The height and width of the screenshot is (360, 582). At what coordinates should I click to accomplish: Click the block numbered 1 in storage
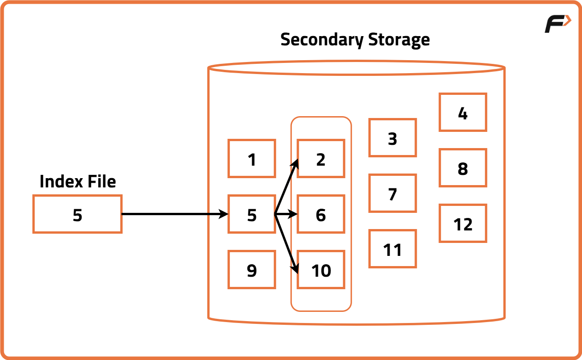(252, 159)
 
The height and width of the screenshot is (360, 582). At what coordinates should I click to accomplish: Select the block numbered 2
(321, 159)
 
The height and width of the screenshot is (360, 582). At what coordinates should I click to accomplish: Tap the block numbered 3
(392, 138)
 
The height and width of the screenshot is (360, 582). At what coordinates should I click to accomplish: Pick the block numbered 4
(463, 112)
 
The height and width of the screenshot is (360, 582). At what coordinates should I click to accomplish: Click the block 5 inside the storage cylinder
(252, 214)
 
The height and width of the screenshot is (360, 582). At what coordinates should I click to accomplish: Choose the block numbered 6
(321, 214)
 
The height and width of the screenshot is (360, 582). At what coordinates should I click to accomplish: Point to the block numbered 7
(392, 193)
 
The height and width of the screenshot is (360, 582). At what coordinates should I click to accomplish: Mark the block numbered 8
(463, 168)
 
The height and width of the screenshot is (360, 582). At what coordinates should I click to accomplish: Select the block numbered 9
(252, 270)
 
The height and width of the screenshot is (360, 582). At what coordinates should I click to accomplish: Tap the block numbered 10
(321, 270)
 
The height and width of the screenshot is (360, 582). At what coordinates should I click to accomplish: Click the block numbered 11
(392, 249)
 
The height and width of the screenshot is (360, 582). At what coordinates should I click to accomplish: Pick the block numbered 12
(463, 223)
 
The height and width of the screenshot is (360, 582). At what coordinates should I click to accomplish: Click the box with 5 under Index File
(77, 214)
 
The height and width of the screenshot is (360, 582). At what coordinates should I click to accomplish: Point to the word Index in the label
(57, 181)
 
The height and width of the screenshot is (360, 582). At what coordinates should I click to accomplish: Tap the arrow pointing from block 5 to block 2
(286, 187)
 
